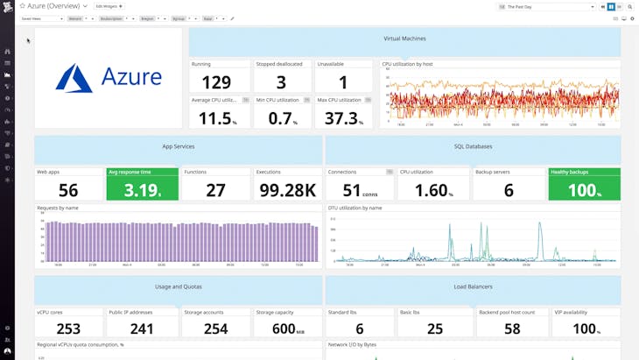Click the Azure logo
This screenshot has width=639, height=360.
(108, 77)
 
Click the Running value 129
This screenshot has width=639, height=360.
(216, 82)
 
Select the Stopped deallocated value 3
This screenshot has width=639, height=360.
(281, 82)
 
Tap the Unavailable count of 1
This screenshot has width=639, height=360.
(343, 82)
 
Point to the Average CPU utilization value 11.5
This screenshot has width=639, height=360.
(216, 118)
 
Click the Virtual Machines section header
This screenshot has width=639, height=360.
(404, 39)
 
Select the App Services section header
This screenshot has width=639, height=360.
(178, 146)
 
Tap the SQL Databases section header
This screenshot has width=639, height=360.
(473, 146)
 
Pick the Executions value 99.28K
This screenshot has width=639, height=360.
(286, 190)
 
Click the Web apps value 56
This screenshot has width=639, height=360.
(68, 190)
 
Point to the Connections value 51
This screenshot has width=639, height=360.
(352, 190)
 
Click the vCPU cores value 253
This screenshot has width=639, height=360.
(68, 328)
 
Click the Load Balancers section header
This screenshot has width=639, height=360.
(473, 286)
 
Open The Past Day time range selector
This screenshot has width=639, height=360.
(547, 6)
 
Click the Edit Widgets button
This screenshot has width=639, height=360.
(109, 6)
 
